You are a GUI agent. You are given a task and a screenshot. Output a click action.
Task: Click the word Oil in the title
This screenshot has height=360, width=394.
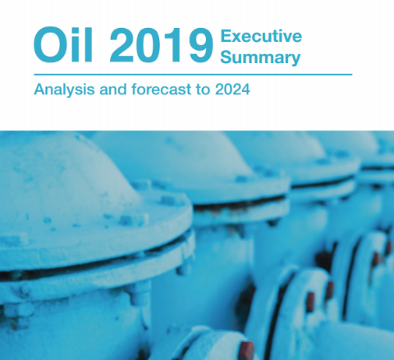63,45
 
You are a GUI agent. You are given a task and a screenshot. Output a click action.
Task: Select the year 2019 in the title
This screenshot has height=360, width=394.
162,45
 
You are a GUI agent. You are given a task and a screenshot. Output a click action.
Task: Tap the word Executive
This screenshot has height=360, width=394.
261,36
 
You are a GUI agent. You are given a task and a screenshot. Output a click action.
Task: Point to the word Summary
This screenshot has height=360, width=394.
260,57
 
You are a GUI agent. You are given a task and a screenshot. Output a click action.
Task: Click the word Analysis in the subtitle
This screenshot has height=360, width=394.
64,89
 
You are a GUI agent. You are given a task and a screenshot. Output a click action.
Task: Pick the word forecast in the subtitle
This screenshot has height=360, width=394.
162,89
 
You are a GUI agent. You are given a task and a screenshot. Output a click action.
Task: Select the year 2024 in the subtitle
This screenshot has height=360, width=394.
232,89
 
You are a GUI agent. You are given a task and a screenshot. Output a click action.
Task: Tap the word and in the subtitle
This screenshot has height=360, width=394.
113,89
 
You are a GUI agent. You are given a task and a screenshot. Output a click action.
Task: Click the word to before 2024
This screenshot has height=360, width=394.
203,89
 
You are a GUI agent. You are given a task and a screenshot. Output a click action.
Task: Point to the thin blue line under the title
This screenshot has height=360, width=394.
193,75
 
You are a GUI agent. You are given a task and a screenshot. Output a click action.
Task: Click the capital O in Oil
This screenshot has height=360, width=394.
50,45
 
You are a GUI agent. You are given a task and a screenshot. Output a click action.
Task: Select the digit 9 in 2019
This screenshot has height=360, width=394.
201,45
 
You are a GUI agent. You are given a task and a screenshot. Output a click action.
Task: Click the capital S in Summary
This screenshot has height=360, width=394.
227,57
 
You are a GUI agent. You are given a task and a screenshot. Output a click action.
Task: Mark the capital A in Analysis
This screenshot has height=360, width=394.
40,89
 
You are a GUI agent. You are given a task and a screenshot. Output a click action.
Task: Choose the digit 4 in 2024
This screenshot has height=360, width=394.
245,89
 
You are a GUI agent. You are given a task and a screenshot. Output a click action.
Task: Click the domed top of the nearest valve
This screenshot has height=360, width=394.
68,175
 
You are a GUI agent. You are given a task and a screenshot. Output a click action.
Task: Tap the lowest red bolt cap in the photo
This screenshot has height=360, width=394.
247,350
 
